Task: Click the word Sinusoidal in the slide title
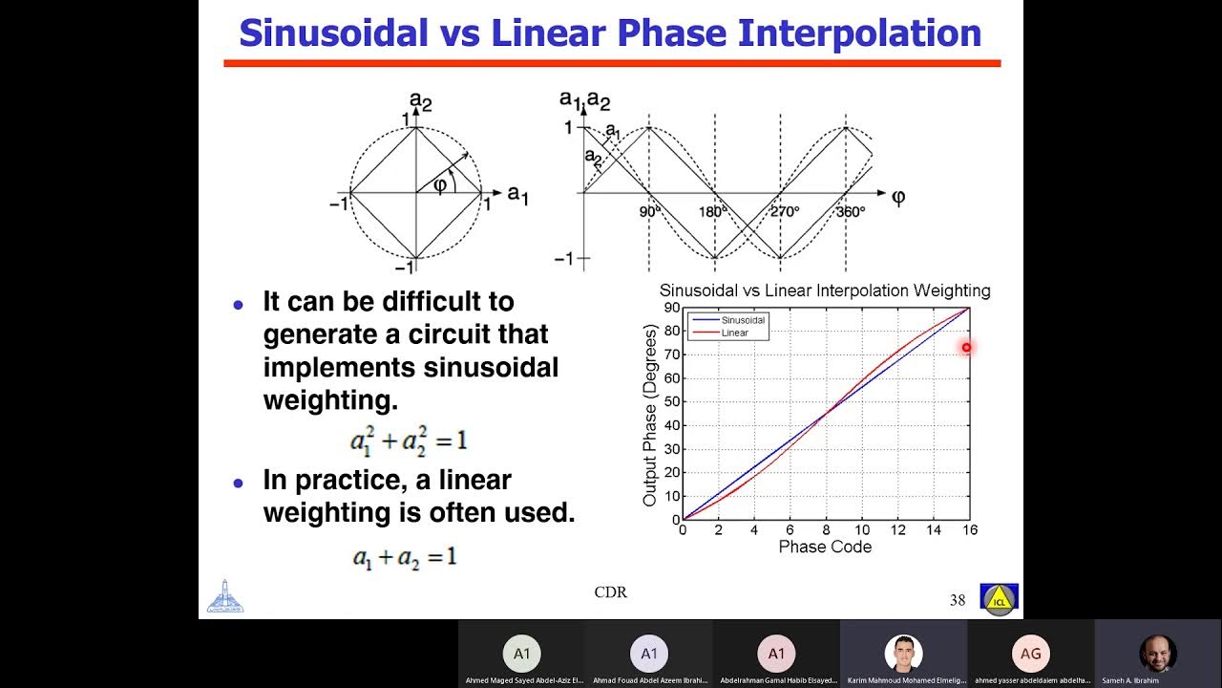click(333, 33)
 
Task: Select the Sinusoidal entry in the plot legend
click(744, 320)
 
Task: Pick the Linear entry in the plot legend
click(734, 333)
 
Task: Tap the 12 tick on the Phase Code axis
click(897, 530)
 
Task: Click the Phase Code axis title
click(825, 548)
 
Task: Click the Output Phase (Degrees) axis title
click(650, 415)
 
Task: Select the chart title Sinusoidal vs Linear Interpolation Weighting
click(825, 290)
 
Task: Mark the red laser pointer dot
click(966, 348)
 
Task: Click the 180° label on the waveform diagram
click(713, 211)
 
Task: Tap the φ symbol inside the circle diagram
click(439, 184)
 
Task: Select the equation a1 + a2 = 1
click(405, 557)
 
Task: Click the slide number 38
click(958, 600)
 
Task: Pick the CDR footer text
click(610, 592)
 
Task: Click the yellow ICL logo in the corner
click(999, 599)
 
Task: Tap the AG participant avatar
click(1030, 654)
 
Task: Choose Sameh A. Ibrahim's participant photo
click(1157, 654)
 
